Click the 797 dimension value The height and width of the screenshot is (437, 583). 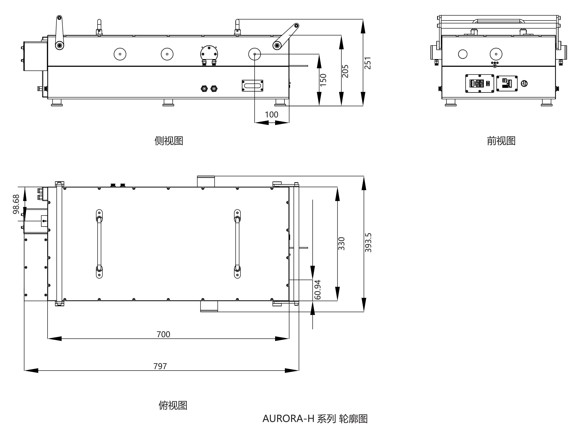pyautogui.click(x=160, y=366)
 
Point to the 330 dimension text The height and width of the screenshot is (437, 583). pyautogui.click(x=341, y=243)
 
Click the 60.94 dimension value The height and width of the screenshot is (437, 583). pyautogui.click(x=318, y=290)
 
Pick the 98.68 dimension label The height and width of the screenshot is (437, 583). pyautogui.click(x=16, y=204)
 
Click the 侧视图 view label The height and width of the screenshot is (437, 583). pyautogui.click(x=169, y=141)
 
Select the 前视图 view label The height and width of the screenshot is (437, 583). pyautogui.click(x=501, y=141)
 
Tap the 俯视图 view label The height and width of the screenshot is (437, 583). pyautogui.click(x=173, y=405)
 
